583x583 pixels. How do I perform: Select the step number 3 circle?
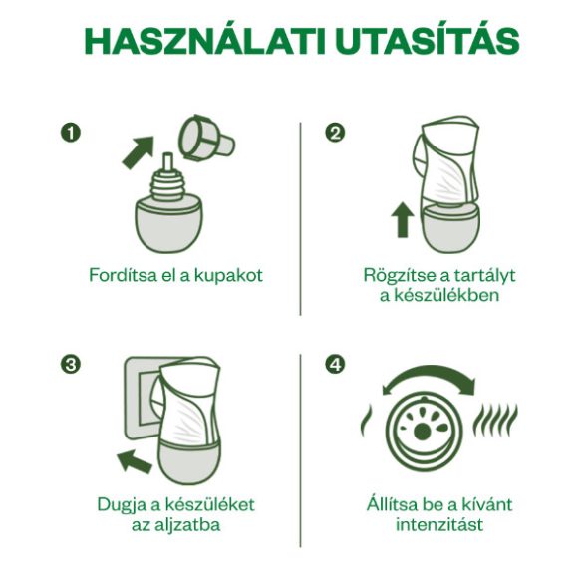(x=70, y=364)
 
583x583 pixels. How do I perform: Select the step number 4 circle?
(x=335, y=364)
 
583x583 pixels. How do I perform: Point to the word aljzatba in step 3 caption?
(x=187, y=525)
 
